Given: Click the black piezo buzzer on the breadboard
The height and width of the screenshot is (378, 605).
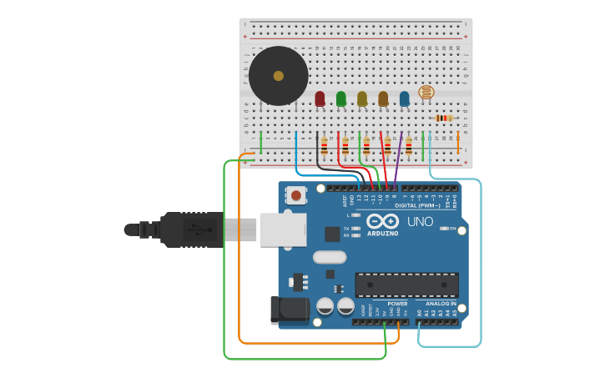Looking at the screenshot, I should click(x=279, y=76).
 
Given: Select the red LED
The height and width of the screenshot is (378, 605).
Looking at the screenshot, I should click(x=320, y=98).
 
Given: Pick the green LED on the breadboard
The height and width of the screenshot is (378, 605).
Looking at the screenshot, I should click(x=340, y=98).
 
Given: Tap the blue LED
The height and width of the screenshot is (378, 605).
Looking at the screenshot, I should click(x=405, y=98).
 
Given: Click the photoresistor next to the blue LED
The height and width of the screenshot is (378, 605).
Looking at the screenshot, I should click(x=426, y=92).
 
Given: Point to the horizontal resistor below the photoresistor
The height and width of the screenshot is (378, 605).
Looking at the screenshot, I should click(x=443, y=118).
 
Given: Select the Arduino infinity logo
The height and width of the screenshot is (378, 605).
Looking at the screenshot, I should click(x=382, y=221).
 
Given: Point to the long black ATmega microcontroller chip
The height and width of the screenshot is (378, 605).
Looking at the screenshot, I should click(x=406, y=285).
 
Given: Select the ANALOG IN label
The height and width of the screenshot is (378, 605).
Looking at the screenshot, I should click(x=441, y=304).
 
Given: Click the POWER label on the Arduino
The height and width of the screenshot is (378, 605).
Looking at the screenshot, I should click(x=397, y=304).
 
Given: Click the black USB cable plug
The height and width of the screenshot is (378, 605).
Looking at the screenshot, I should click(x=191, y=229).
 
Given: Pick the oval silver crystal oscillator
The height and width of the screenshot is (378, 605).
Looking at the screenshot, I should click(x=330, y=257).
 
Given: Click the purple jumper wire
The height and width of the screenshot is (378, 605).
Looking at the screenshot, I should click(x=398, y=159).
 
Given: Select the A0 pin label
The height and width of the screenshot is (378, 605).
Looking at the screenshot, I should click(x=420, y=313).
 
